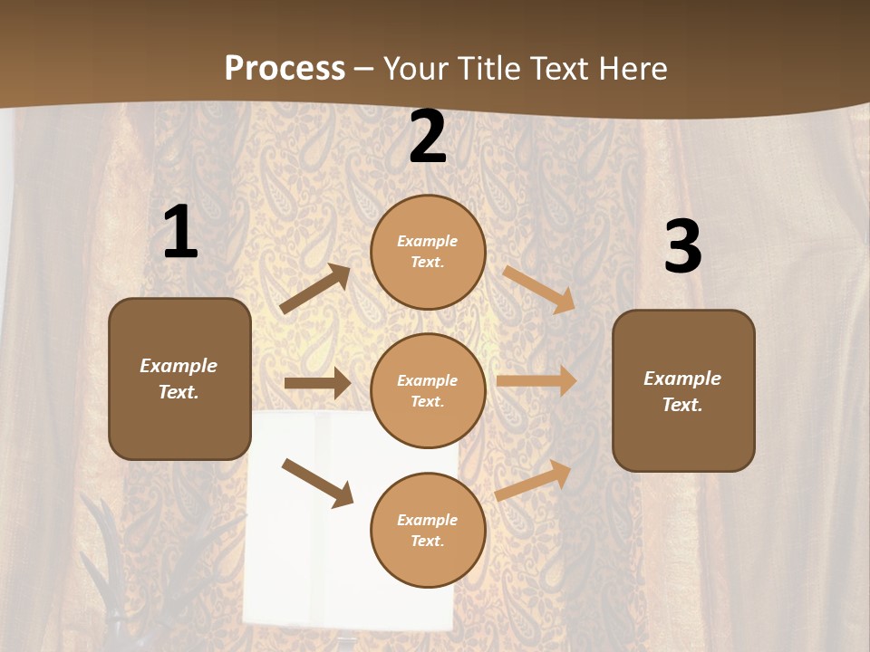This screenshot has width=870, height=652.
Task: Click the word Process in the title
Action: click(x=285, y=69)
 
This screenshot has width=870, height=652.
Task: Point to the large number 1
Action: click(x=180, y=233)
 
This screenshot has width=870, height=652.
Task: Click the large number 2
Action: click(x=428, y=138)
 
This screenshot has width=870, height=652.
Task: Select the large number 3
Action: click(x=682, y=247)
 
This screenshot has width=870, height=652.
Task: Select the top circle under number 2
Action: click(x=428, y=252)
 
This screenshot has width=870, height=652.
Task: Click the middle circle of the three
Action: click(x=428, y=391)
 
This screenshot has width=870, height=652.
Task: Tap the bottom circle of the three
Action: click(x=428, y=531)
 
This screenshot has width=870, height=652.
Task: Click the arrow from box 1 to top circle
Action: click(x=315, y=289)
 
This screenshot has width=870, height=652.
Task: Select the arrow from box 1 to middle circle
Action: click(x=317, y=383)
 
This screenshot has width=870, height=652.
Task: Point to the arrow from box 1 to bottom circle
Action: click(x=317, y=482)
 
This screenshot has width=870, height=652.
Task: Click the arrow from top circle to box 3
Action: click(x=539, y=289)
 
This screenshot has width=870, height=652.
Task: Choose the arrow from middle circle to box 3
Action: click(x=536, y=381)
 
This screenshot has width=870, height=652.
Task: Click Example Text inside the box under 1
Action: click(x=179, y=379)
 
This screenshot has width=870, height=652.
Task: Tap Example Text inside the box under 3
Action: click(x=682, y=391)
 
